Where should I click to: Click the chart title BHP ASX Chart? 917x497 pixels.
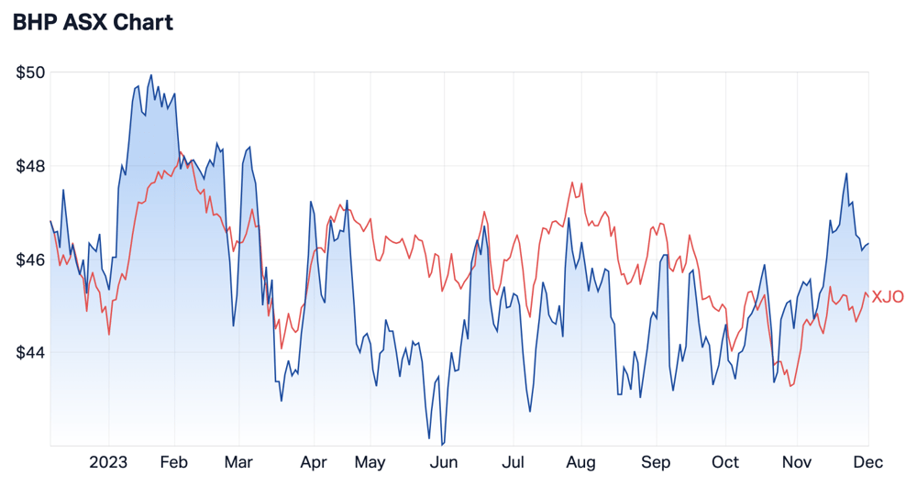pyautogui.click(x=93, y=22)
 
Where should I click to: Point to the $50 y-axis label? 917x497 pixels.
pyautogui.click(x=30, y=72)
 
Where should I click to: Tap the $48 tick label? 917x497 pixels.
pyautogui.click(x=30, y=167)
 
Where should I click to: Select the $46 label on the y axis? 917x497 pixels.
pyautogui.click(x=30, y=260)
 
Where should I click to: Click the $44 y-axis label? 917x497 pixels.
pyautogui.click(x=30, y=353)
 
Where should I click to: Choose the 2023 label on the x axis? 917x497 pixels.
pyautogui.click(x=108, y=462)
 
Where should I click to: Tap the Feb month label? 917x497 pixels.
pyautogui.click(x=173, y=462)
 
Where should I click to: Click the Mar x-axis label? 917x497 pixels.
pyautogui.click(x=238, y=462)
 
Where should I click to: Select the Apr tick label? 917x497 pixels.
pyautogui.click(x=314, y=462)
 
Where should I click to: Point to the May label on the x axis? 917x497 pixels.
pyautogui.click(x=370, y=462)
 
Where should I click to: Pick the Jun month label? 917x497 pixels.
pyautogui.click(x=444, y=462)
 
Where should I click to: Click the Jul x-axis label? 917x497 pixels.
pyautogui.click(x=513, y=462)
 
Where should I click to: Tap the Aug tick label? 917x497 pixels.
pyautogui.click(x=580, y=462)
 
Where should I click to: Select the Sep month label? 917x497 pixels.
pyautogui.click(x=656, y=462)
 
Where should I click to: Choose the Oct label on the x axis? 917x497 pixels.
pyautogui.click(x=725, y=462)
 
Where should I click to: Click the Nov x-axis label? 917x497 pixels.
pyautogui.click(x=797, y=462)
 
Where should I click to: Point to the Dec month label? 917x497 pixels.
pyautogui.click(x=867, y=462)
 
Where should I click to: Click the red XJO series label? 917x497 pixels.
pyautogui.click(x=888, y=297)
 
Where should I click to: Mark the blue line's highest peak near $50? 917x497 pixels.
pyautogui.click(x=151, y=75)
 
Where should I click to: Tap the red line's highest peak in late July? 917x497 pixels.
pyautogui.click(x=572, y=182)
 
